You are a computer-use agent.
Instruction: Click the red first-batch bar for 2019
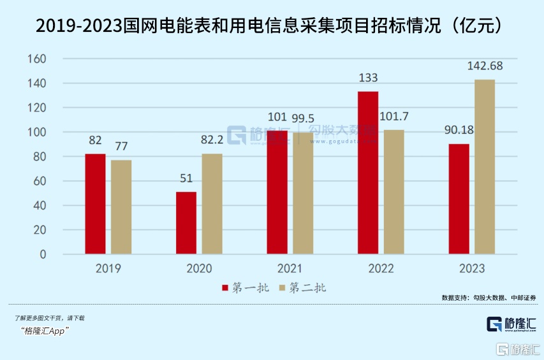pos(95,204)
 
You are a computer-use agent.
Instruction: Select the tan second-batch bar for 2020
pos(212,204)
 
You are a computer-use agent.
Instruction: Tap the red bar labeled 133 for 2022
pos(367,173)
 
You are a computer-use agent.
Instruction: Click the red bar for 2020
pos(186,223)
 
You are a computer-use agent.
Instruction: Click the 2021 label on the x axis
pos(290,269)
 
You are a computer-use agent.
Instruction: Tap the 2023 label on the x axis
pos(471,269)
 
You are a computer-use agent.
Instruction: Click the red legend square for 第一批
pos(225,288)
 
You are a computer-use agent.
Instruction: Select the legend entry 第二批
pos(307,288)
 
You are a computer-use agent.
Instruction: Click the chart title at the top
pos(272,26)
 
